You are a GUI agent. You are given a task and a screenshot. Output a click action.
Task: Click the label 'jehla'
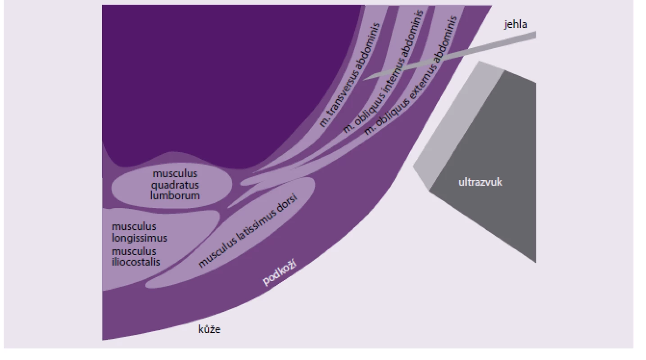515,24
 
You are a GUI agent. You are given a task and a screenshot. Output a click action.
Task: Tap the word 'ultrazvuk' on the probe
480,182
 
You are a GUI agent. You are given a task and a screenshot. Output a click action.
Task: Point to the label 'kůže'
209,329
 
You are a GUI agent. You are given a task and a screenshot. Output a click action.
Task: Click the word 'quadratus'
175,185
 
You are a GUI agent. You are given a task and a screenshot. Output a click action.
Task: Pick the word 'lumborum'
175,196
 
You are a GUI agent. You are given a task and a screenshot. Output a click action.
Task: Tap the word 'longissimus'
139,238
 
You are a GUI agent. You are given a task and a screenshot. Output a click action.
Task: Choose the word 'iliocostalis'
136,262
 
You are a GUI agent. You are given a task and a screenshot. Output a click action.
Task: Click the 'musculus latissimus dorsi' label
248,230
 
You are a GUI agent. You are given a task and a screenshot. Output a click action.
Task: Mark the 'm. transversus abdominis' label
349,76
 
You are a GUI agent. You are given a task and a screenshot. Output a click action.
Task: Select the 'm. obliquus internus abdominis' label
383,72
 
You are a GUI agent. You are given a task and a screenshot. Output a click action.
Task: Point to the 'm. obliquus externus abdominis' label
411,76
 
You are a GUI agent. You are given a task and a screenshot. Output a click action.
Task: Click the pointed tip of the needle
363,80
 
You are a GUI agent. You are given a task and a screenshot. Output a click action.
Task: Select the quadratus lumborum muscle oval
172,185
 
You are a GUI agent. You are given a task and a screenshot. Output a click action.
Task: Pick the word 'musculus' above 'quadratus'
175,174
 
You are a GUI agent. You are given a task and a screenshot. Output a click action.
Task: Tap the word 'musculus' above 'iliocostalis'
134,252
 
